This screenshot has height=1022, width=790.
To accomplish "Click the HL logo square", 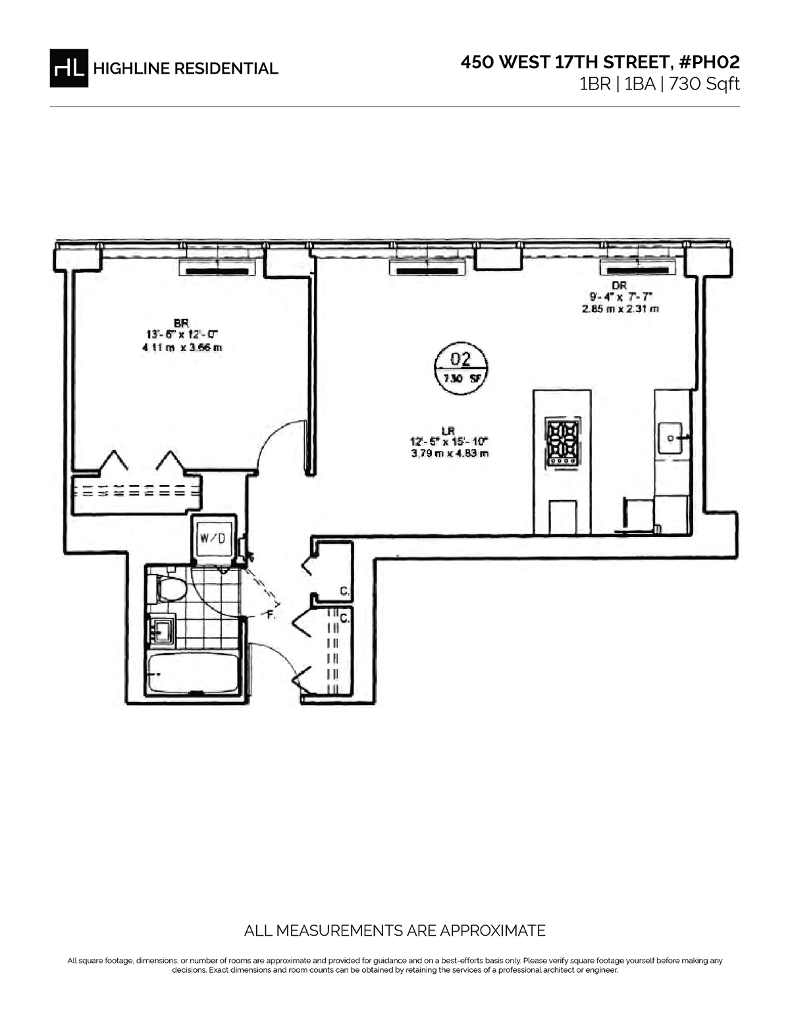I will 68,68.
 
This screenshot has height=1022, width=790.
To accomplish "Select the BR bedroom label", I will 181,323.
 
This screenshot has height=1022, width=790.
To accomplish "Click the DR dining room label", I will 619,285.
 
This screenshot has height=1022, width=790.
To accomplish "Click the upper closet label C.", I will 344,592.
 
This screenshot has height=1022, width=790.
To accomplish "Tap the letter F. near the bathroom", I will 270,617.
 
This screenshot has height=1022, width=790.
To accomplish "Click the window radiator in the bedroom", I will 218,268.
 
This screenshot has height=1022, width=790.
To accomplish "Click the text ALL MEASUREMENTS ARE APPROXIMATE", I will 394,931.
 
